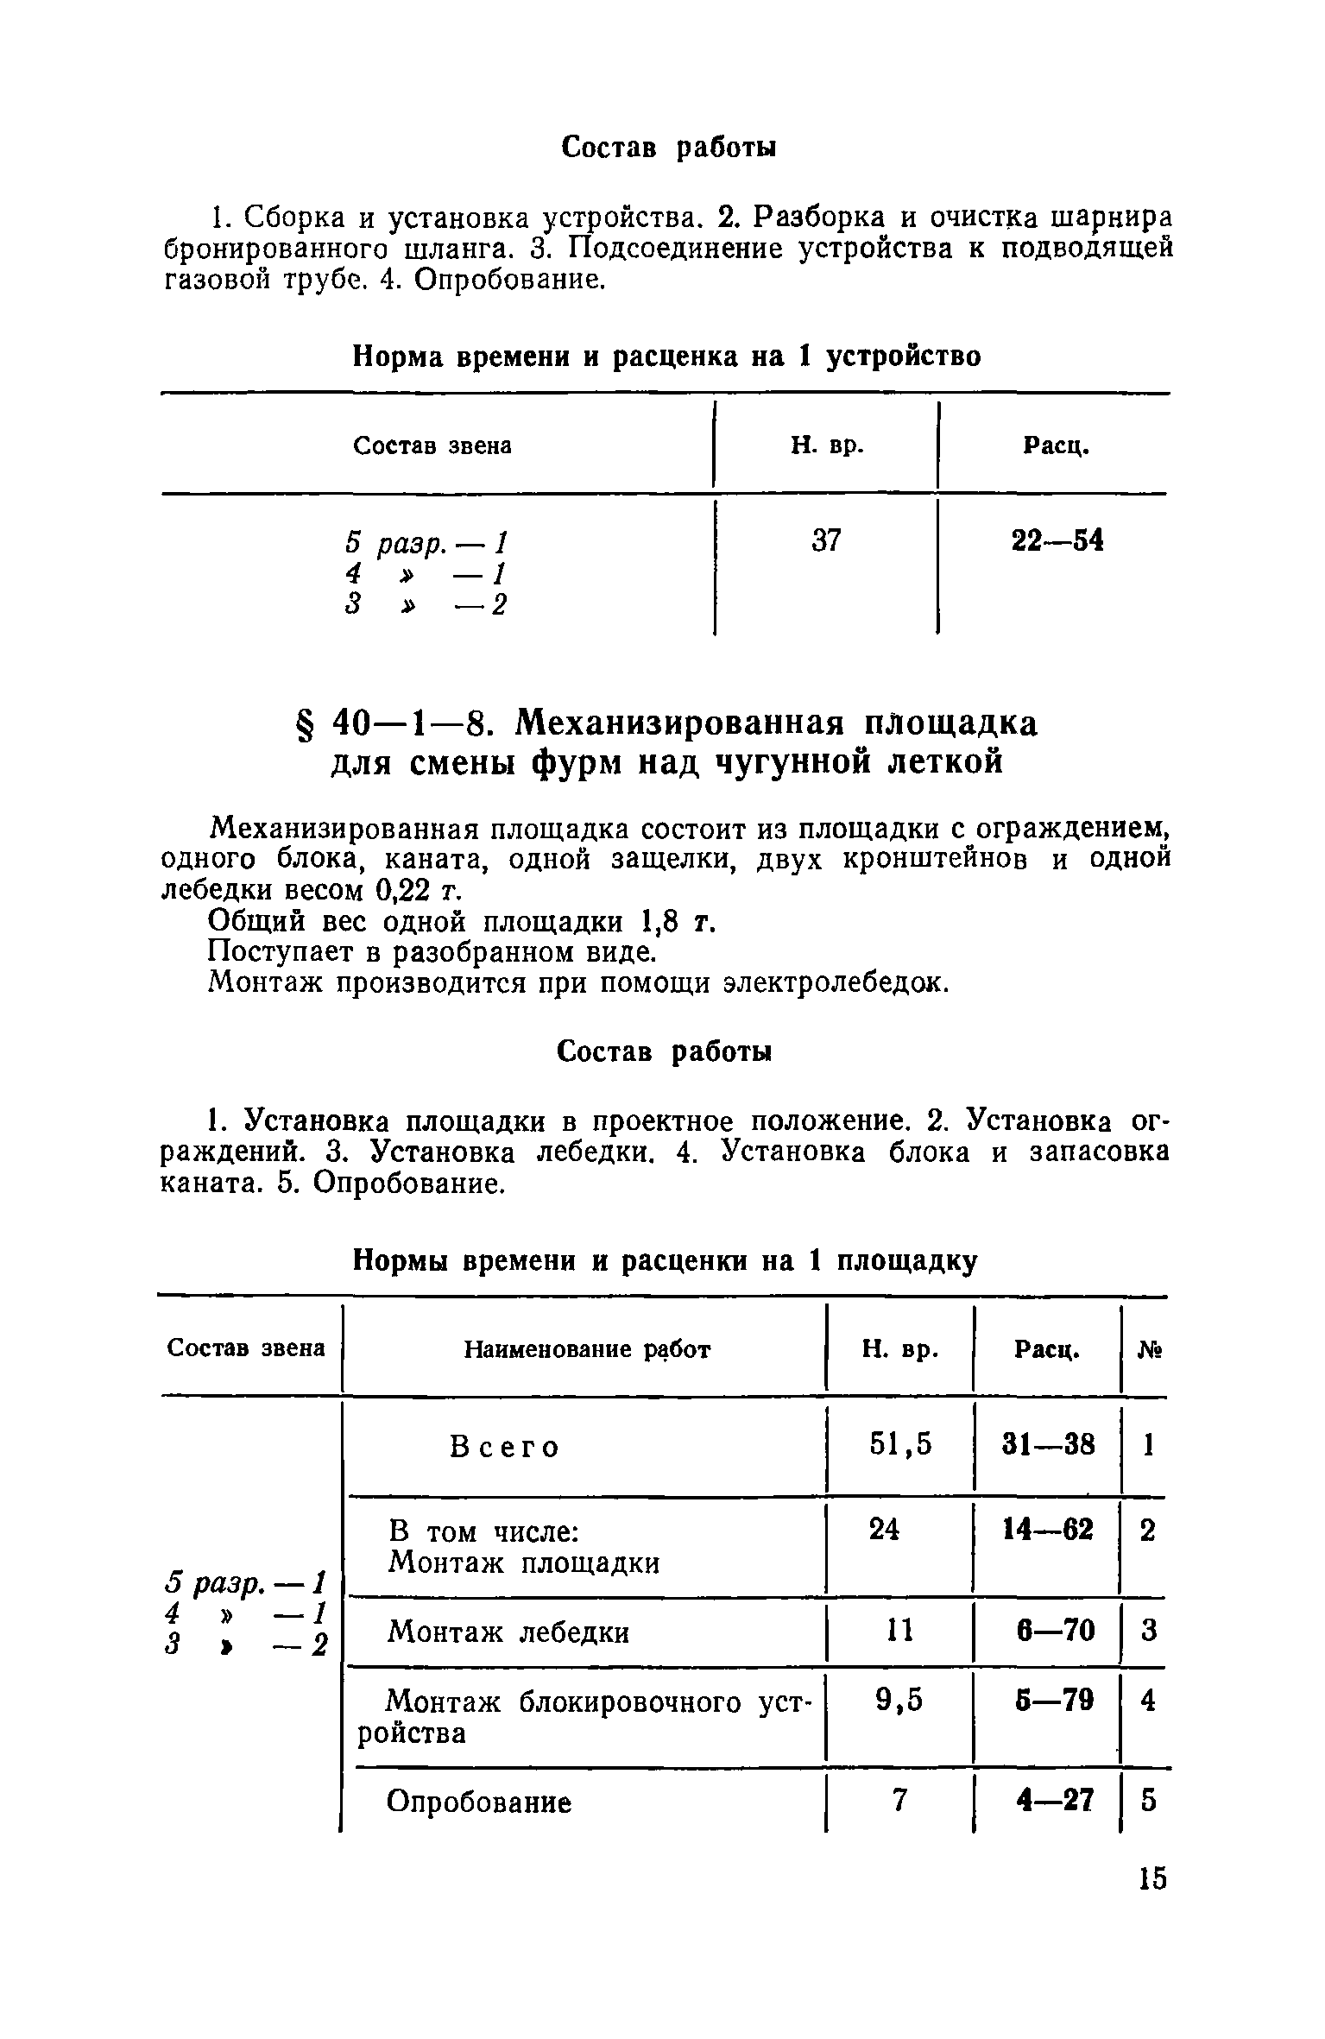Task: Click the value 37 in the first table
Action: tap(827, 541)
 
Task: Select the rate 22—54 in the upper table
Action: tap(1057, 541)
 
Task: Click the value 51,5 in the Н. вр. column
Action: tap(900, 1444)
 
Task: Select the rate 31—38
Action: tap(1048, 1444)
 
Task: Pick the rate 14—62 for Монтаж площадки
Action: tap(1048, 1530)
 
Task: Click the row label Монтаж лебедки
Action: tap(508, 1632)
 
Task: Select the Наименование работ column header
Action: tap(587, 1349)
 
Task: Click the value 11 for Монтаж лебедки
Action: tap(899, 1630)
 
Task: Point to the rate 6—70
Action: tap(1055, 1630)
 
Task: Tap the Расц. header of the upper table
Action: tap(1055, 446)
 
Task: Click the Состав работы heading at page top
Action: tap(669, 148)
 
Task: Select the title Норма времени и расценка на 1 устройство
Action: tap(667, 357)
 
